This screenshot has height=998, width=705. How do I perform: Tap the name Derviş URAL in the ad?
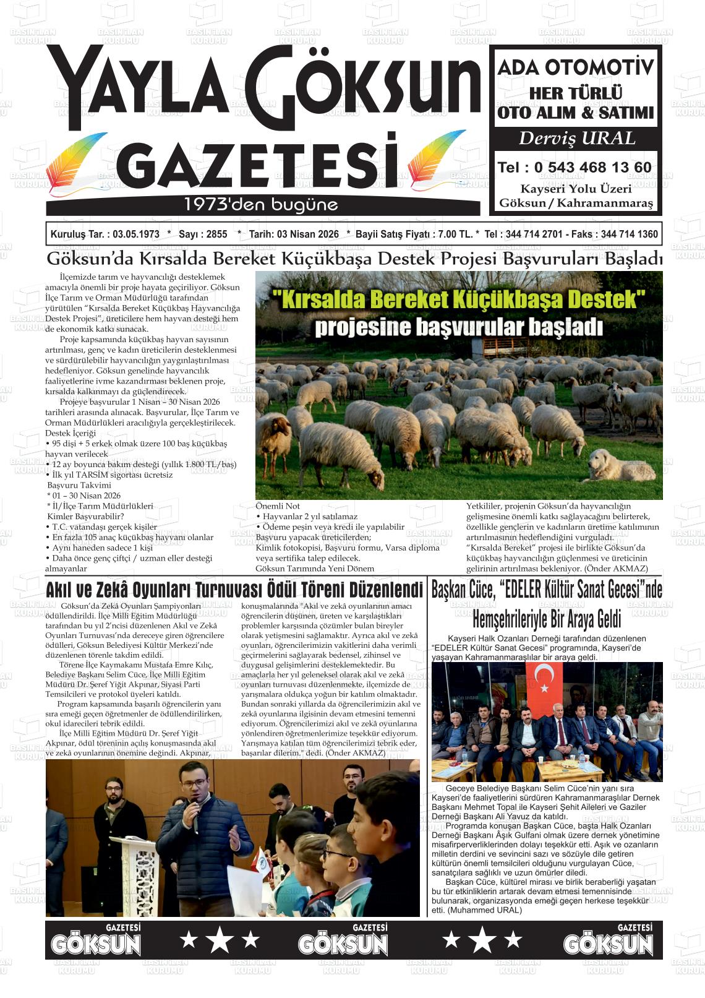click(576, 139)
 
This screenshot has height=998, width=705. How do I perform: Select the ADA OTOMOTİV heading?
click(575, 67)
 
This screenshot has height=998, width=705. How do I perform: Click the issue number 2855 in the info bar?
click(217, 234)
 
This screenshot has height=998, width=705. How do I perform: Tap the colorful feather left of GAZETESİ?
click(77, 161)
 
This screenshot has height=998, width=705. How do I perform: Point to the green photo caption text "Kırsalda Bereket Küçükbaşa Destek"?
click(459, 300)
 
